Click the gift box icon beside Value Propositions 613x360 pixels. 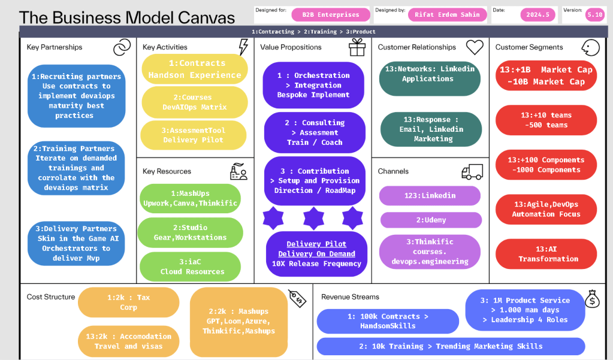coord(357,48)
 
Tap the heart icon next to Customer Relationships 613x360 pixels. coord(475,47)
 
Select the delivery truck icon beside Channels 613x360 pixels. coord(472,171)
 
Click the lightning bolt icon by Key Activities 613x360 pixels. coord(243,47)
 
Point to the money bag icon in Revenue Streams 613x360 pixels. coord(592,299)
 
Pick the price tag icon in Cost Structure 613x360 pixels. coord(297,298)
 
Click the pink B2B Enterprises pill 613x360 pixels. coord(331,15)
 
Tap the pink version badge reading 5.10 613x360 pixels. coord(594,15)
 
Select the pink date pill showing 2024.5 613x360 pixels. coord(537,15)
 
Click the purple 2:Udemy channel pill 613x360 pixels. coord(431,220)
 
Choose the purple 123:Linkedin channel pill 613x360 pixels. coord(430,195)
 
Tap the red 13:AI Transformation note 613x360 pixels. coord(546,254)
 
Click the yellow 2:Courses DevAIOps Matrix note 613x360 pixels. coord(195,102)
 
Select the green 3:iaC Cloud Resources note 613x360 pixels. coord(190,267)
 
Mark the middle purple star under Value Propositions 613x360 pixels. coord(313,218)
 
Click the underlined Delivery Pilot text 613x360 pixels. coord(316,244)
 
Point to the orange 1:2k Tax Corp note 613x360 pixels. coord(129,302)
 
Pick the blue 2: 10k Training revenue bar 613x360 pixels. coord(451,346)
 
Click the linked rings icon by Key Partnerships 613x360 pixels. coord(122,47)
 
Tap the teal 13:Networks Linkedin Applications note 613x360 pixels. coord(430,78)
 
